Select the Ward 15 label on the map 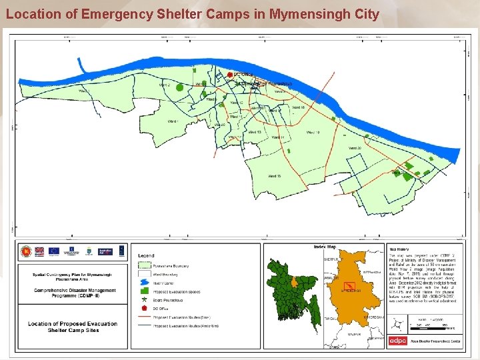click(x=274, y=176)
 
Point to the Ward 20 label click(x=355, y=148)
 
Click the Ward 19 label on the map click(x=312, y=133)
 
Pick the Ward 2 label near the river click(x=164, y=85)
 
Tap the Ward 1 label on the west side click(x=173, y=121)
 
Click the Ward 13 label click(x=254, y=133)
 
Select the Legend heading click(x=146, y=255)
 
